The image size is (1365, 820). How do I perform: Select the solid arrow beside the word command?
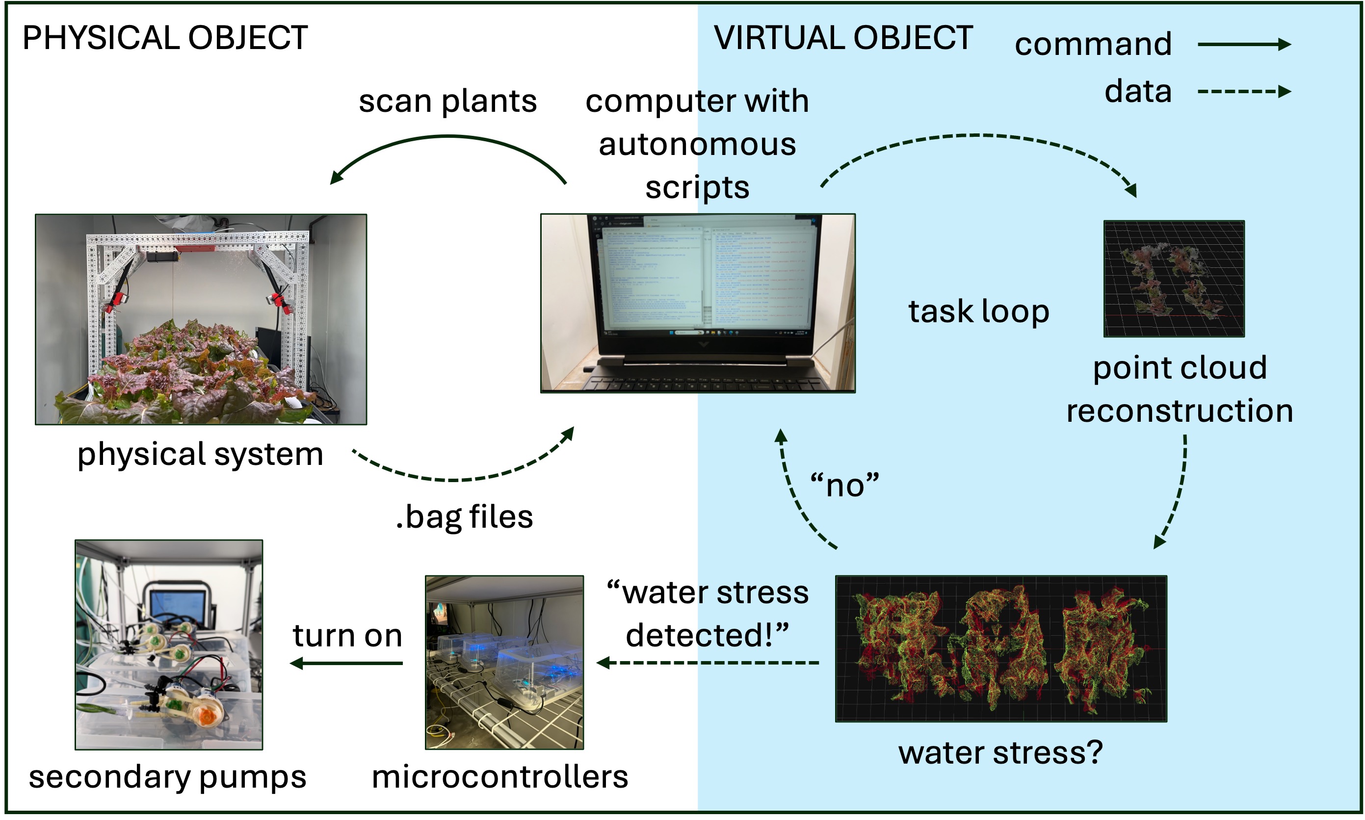[x=1243, y=44]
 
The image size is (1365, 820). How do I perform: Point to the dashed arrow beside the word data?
[x=1243, y=91]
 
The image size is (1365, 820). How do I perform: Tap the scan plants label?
[x=447, y=101]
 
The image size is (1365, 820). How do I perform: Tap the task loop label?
[x=978, y=311]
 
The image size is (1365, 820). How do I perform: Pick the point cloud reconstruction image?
[x=1174, y=279]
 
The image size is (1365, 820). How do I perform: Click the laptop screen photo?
[x=697, y=303]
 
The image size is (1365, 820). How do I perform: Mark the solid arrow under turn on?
[x=346, y=663]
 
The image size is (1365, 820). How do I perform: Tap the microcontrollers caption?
[x=499, y=776]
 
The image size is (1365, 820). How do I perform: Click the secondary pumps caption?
[x=167, y=776]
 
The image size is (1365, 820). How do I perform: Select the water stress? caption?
[x=1000, y=753]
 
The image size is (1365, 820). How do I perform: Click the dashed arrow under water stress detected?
[x=708, y=663]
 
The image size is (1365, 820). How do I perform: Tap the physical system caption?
[x=200, y=454]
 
